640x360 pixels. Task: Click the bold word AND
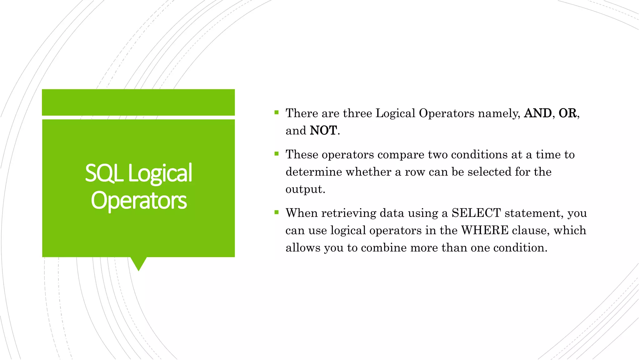pyautogui.click(x=537, y=113)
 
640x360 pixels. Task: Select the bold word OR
pyautogui.click(x=567, y=113)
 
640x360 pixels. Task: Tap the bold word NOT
pyautogui.click(x=323, y=131)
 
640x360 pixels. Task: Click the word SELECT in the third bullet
pyautogui.click(x=476, y=213)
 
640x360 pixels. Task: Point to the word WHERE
pyautogui.click(x=485, y=231)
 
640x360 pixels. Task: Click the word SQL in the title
pyautogui.click(x=104, y=173)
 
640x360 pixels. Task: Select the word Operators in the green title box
pyautogui.click(x=139, y=201)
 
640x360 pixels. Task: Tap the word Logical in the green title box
pyautogui.click(x=160, y=173)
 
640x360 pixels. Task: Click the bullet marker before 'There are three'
pyautogui.click(x=276, y=112)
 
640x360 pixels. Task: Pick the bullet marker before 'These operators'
pyautogui.click(x=276, y=153)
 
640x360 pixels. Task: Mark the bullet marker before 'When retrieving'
pyautogui.click(x=276, y=212)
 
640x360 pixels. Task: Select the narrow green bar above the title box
pyautogui.click(x=138, y=102)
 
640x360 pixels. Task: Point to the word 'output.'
pyautogui.click(x=305, y=189)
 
